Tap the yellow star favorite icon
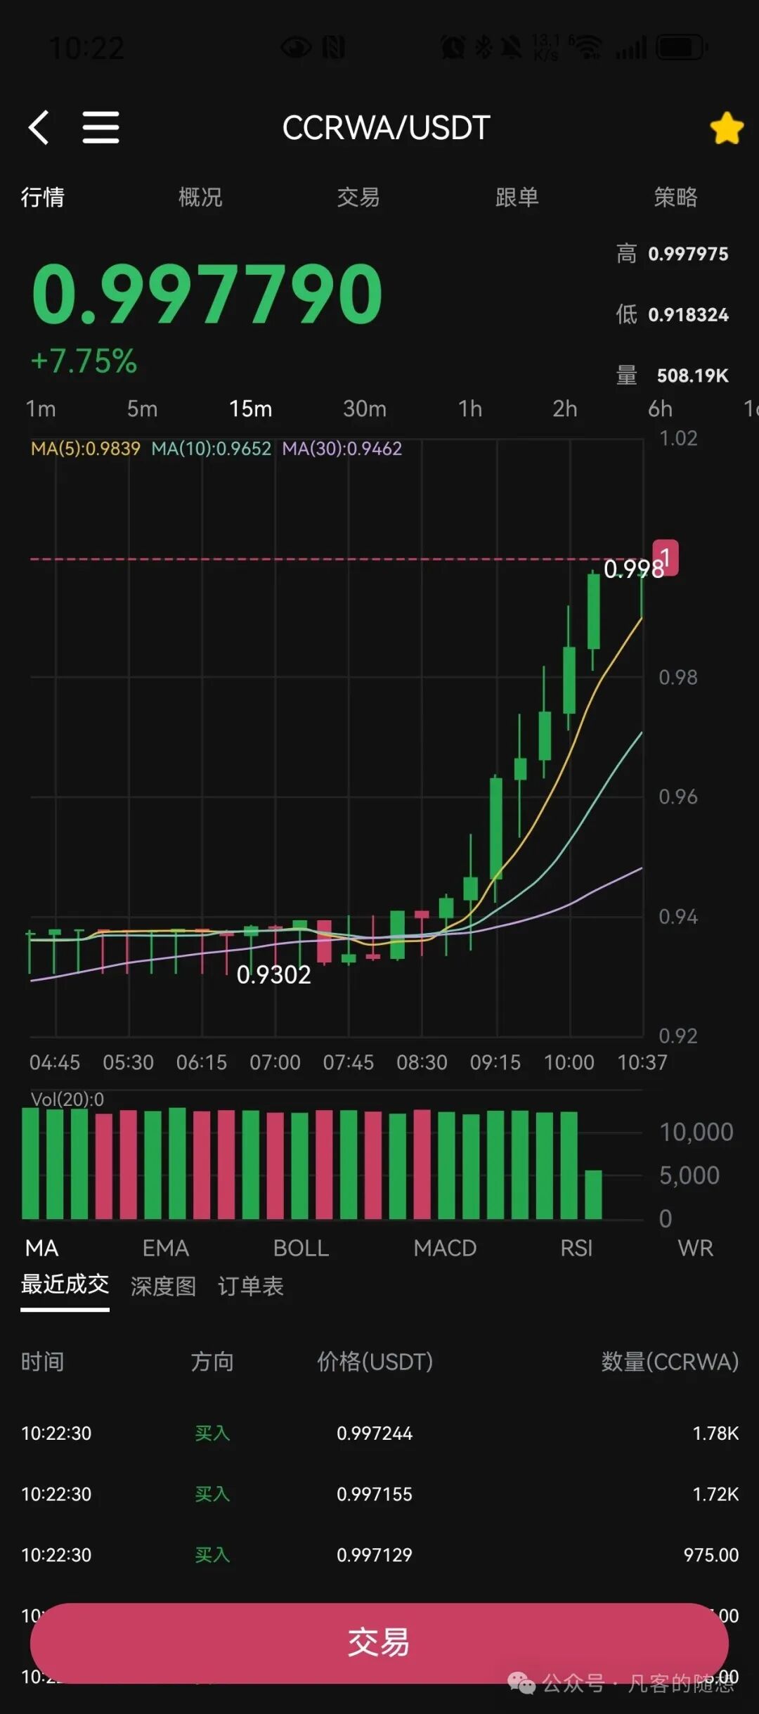pos(727,129)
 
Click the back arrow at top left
pos(39,127)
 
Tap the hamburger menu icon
pos(100,127)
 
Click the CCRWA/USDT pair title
pos(386,128)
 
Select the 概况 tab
pos(200,197)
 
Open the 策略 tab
pos(675,197)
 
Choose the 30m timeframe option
pos(364,408)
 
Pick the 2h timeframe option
pos(564,408)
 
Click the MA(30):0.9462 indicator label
pos(342,449)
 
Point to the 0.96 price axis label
pos(677,797)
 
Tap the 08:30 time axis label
pos(422,1062)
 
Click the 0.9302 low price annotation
pos(273,974)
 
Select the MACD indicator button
pos(445,1248)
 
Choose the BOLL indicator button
pos(301,1248)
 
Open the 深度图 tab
pos(163,1286)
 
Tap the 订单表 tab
pos(250,1286)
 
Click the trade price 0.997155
pos(374,1494)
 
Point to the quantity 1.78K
pos(715,1433)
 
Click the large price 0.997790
pos(207,293)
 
